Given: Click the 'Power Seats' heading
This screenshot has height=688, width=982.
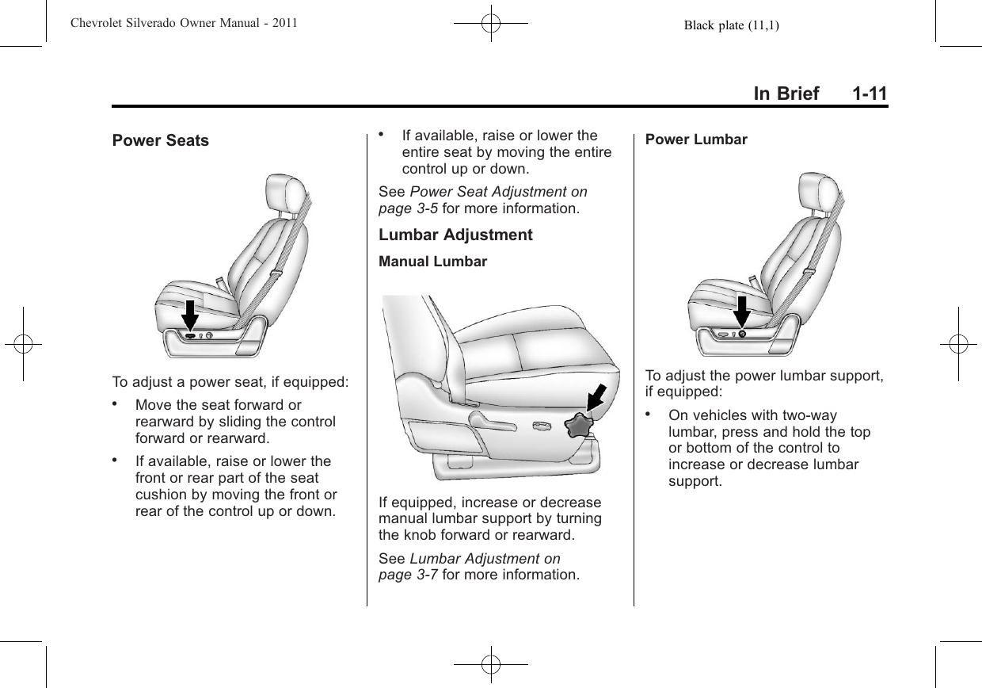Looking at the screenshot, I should point(161,141).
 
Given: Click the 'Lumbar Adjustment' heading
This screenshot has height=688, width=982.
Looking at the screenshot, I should point(455,235).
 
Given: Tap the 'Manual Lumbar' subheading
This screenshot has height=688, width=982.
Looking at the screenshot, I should point(433,262).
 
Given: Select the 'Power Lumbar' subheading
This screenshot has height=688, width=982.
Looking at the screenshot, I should point(696,140).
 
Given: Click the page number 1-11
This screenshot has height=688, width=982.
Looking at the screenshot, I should point(870,94).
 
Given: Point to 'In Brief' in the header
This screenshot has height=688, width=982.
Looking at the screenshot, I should point(786,94).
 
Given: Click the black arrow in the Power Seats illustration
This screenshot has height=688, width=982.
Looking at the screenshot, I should point(190,315).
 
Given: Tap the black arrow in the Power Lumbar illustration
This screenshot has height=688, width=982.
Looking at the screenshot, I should point(741,312).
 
